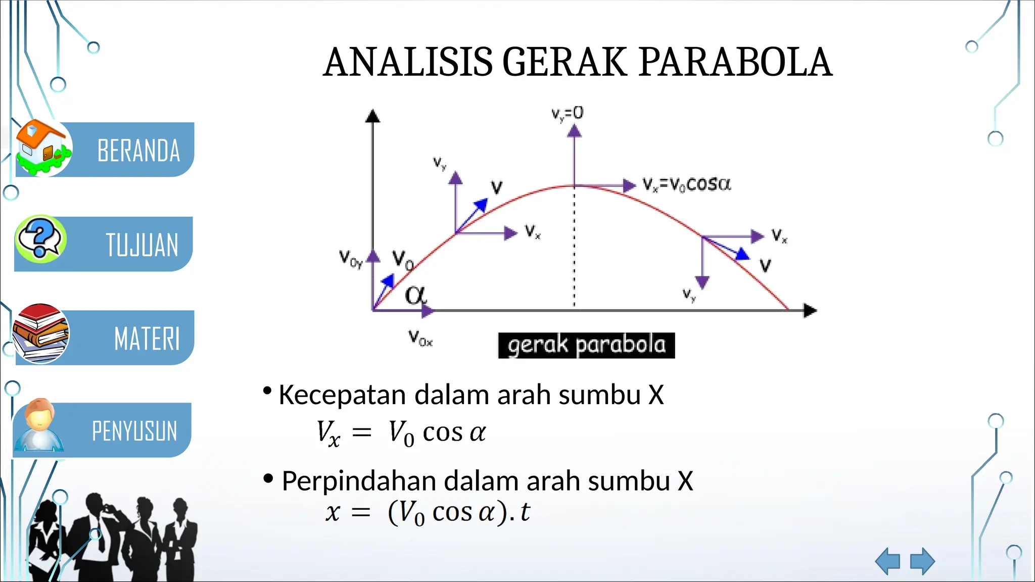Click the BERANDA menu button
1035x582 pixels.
(137, 151)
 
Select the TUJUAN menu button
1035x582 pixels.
(142, 245)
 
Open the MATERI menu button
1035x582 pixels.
(147, 338)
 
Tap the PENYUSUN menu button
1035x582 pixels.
(134, 431)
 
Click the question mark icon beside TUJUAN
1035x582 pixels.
(40, 238)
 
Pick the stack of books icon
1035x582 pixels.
(40, 333)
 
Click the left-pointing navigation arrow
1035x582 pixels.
(888, 561)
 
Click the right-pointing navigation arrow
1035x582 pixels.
(922, 561)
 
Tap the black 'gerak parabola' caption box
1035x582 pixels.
(586, 346)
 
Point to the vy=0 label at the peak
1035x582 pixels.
(567, 114)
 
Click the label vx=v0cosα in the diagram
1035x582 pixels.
(686, 184)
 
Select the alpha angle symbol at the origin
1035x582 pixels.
(415, 295)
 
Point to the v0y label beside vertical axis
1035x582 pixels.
(350, 259)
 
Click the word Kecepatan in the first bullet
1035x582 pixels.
(342, 395)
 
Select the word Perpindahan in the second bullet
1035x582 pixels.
(358, 481)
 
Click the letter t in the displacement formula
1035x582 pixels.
(525, 512)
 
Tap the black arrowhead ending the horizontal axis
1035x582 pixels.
(810, 311)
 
